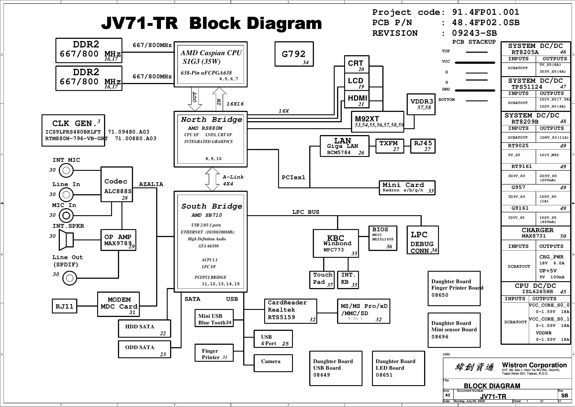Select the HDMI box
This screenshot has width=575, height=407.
coord(357,100)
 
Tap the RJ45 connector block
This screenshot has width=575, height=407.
coord(423,146)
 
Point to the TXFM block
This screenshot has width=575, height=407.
coord(390,146)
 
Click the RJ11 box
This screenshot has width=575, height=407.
coord(65,306)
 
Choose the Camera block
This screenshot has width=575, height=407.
coord(273,363)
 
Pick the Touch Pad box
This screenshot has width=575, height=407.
coord(322,280)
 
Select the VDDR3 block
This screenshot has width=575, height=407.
coord(421,104)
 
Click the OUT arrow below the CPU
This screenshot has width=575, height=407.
coord(195,99)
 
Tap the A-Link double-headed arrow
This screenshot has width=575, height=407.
coord(212,179)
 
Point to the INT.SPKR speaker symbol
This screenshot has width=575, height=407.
coord(66,240)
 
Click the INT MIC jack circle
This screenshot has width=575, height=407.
coord(66,170)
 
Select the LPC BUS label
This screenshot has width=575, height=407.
coord(306,212)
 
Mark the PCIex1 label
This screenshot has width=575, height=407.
coord(293,177)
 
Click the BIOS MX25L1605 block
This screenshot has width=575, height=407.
coord(383,238)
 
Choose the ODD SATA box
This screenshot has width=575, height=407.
coord(144,349)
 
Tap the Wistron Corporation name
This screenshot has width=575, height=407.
coord(534,365)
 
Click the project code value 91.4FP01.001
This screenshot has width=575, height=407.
coord(486,12)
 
